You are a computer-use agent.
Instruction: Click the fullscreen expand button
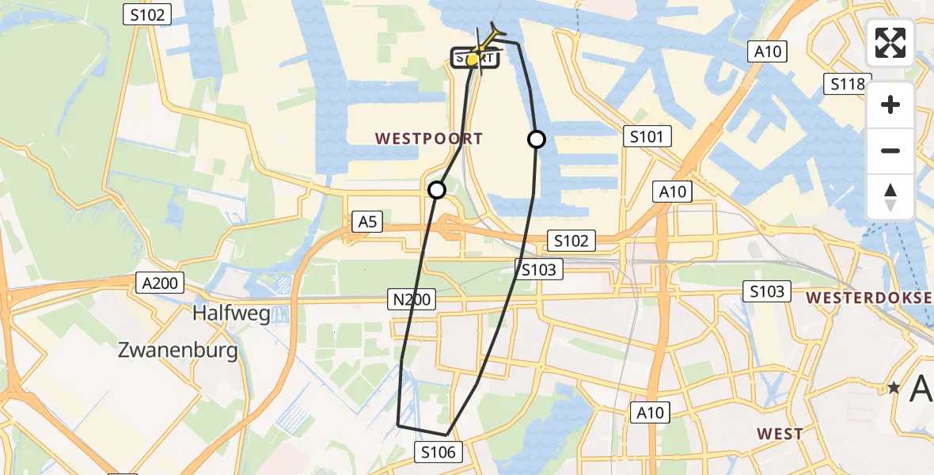tap(890, 43)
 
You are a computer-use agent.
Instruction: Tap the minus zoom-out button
tap(890, 150)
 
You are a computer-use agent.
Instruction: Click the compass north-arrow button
tap(890, 197)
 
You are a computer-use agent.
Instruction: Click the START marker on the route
tap(474, 59)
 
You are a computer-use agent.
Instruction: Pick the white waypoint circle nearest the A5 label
tap(437, 190)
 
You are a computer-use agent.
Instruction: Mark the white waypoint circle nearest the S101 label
tap(537, 140)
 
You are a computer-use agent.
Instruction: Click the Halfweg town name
tap(231, 313)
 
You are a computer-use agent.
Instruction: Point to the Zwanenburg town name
tap(178, 350)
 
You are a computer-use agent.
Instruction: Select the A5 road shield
tap(368, 222)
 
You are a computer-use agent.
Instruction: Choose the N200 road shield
tap(412, 298)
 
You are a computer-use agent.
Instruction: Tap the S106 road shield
tap(439, 452)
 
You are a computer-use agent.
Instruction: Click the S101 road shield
tap(647, 137)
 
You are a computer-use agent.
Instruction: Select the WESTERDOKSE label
tap(869, 298)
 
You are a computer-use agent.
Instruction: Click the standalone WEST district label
tap(780, 434)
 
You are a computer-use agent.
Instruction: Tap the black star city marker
tap(894, 388)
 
